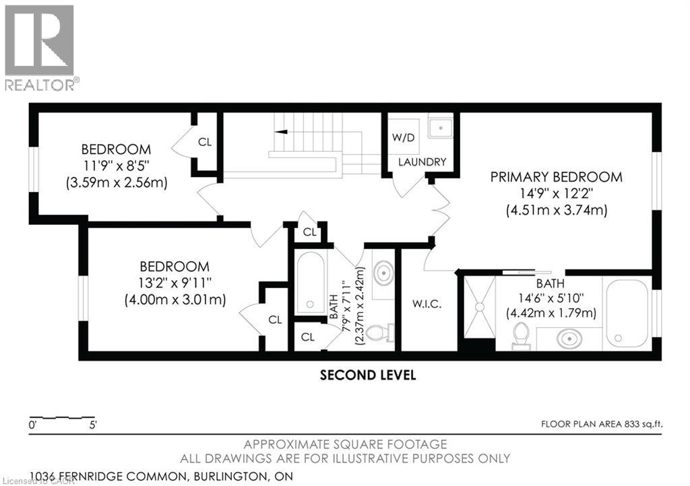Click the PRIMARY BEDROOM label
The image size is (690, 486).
(556, 177)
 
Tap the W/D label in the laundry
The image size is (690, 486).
(404, 137)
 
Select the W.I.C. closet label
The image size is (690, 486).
(427, 304)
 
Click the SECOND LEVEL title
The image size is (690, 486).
(368, 375)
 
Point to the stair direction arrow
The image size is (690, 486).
(281, 131)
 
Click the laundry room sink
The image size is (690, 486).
(441, 128)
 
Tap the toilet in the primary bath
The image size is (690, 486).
(522, 336)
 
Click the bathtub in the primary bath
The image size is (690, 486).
(627, 313)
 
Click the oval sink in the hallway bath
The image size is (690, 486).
(384, 273)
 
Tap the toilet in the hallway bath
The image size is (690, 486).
(380, 333)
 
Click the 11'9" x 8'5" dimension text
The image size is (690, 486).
(117, 166)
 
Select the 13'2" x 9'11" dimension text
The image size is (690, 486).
(175, 283)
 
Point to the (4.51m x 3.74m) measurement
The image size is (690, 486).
(556, 210)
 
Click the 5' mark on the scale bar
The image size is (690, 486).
(93, 425)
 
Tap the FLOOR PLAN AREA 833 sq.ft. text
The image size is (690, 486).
(602, 424)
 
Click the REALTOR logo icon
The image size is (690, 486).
(39, 40)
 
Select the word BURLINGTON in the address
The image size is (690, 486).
(230, 477)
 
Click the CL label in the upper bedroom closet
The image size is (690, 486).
(205, 142)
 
